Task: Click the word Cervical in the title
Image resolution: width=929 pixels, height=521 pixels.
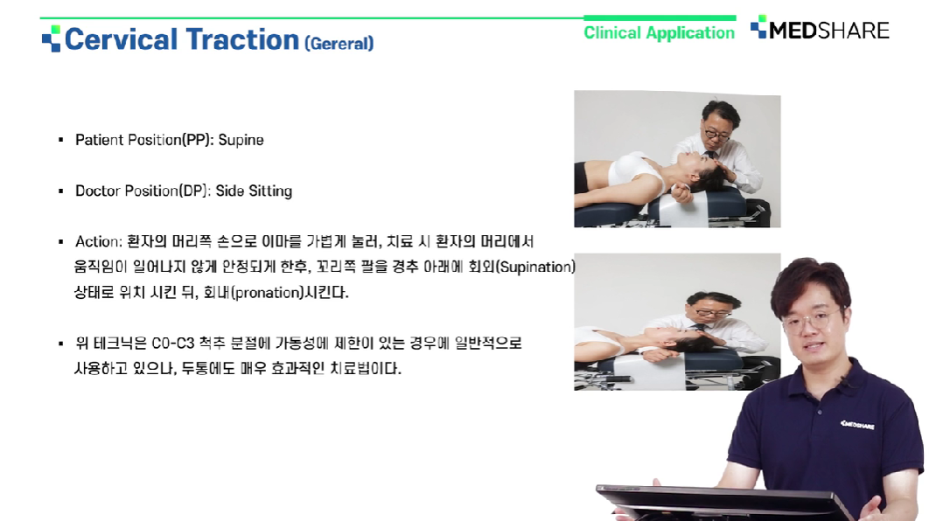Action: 121,39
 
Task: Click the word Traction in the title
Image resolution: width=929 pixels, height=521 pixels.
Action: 242,39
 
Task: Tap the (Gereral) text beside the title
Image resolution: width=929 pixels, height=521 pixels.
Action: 339,43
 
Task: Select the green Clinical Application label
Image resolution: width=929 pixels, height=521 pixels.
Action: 659,33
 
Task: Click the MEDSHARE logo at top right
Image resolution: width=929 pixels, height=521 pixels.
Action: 820,29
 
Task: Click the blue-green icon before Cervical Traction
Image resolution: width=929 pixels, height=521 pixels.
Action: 51,38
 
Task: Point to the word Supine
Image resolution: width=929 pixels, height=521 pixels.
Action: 241,141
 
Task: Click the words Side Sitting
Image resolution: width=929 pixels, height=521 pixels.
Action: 254,191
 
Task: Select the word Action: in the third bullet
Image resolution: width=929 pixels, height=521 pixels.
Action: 98,241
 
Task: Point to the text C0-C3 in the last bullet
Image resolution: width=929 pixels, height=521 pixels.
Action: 173,344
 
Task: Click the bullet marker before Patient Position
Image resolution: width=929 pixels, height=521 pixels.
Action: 61,141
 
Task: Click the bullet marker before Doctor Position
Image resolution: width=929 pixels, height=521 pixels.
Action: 61,191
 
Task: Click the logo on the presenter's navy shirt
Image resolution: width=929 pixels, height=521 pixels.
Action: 856,425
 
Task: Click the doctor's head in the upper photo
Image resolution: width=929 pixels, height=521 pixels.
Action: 719,122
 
